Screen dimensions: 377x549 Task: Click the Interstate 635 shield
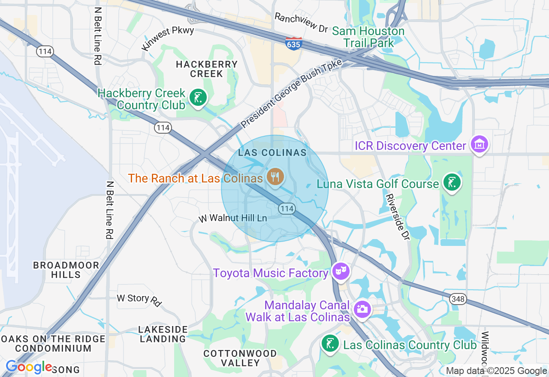click(293, 43)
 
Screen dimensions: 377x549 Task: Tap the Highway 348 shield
click(458, 299)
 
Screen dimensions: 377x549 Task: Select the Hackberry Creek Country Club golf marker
click(198, 98)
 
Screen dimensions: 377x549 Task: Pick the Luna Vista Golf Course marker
click(452, 183)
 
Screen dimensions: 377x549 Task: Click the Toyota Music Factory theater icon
click(341, 272)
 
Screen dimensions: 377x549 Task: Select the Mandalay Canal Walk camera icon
click(362, 309)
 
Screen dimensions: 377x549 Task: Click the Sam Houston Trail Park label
click(368, 37)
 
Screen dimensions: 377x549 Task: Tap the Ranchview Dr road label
click(301, 23)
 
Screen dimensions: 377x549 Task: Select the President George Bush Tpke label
click(291, 94)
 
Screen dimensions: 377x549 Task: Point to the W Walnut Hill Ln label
click(232, 218)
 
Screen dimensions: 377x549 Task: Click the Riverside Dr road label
click(397, 216)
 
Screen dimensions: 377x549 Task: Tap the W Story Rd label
click(139, 299)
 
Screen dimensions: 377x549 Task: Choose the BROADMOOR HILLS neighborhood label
click(66, 270)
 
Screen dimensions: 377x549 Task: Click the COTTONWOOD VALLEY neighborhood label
click(240, 358)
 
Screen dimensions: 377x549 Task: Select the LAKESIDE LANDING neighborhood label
click(163, 334)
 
